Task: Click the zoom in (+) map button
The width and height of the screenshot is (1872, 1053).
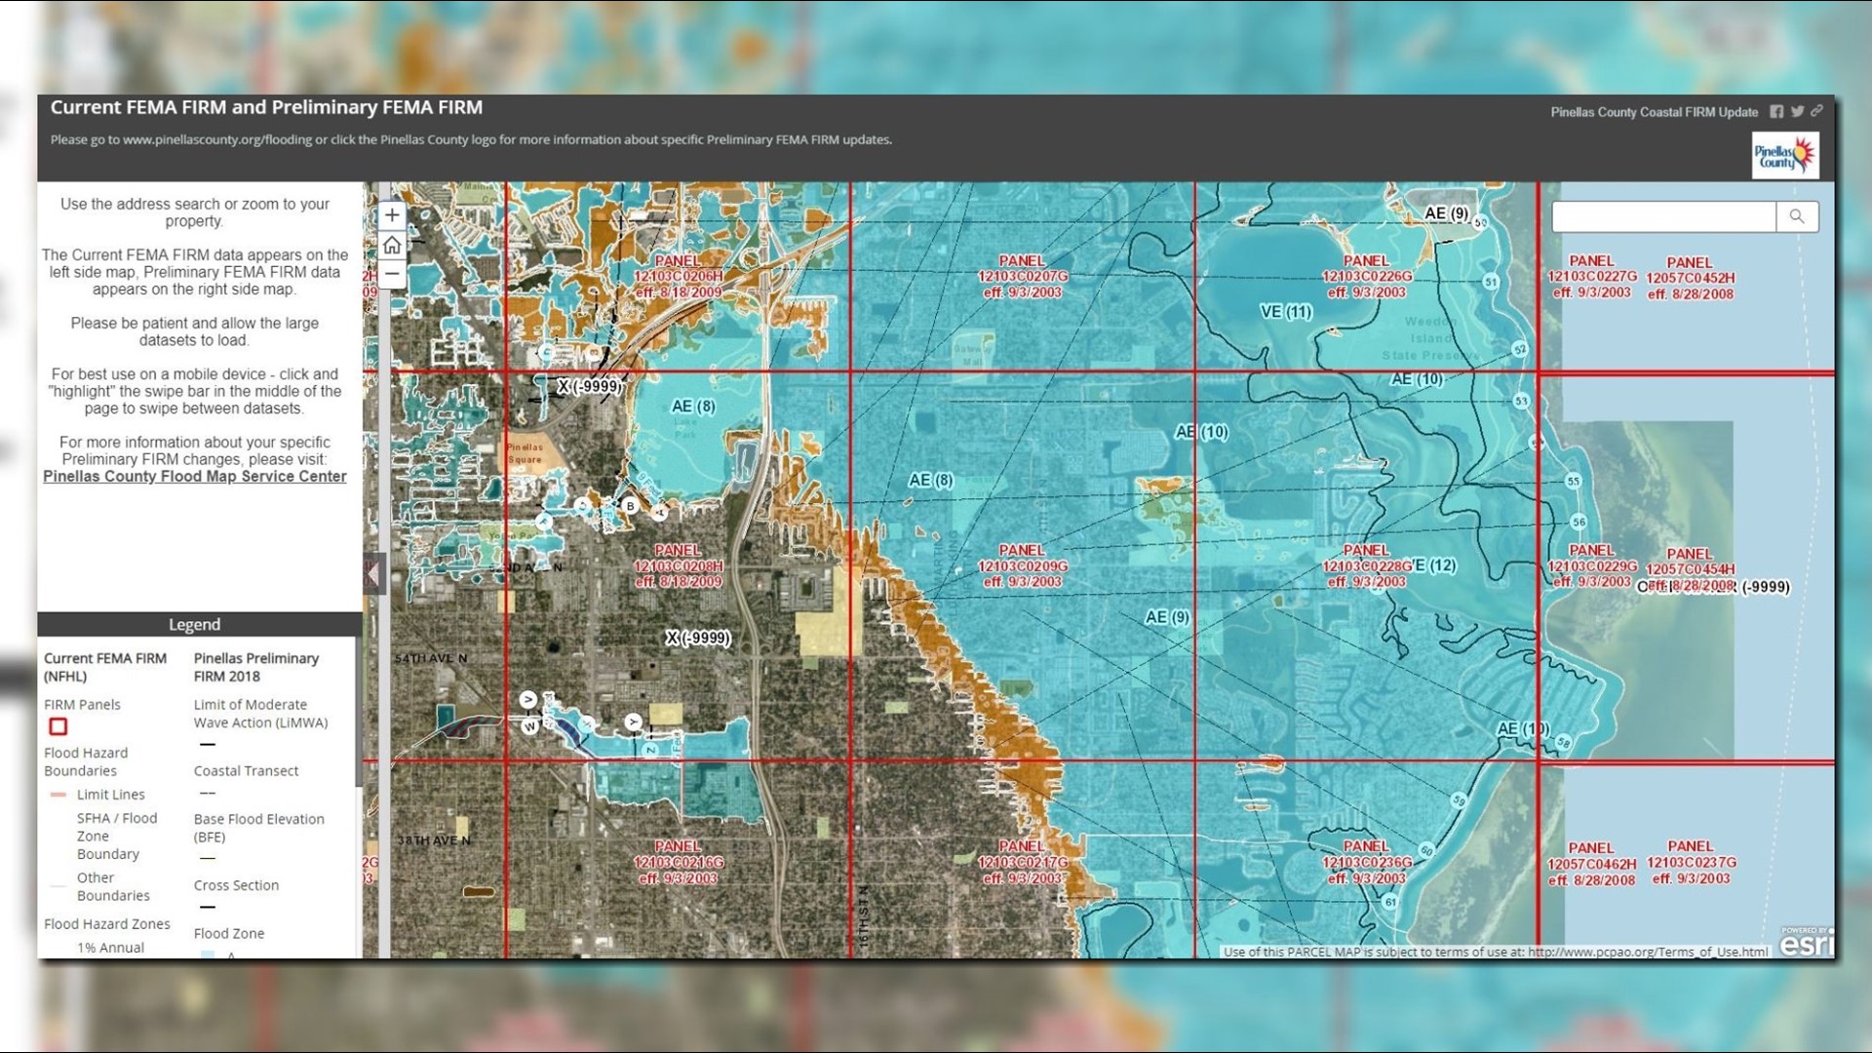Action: (392, 215)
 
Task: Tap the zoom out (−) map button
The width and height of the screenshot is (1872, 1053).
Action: (392, 274)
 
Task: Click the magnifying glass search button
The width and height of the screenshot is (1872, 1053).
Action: (1796, 216)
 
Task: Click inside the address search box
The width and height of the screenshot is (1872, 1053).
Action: (1662, 216)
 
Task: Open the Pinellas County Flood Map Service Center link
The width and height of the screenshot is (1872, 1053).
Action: (194, 477)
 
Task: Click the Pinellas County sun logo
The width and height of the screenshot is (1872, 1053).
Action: (1785, 155)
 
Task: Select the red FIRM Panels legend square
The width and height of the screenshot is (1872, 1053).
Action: (58, 726)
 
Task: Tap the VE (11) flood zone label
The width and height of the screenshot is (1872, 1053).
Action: (1286, 312)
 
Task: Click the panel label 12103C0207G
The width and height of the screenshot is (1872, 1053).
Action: (1023, 277)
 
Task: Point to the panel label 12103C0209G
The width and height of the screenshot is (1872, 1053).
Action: (1023, 566)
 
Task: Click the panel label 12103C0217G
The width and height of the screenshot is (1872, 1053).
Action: (1023, 863)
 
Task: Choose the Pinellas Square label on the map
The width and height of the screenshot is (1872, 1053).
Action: (526, 453)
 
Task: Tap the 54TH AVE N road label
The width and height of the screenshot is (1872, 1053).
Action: (431, 659)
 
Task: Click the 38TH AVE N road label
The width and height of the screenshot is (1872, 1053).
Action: (433, 840)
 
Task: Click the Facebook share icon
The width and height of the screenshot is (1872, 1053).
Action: (1776, 112)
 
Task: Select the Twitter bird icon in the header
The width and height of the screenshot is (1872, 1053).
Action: (1797, 112)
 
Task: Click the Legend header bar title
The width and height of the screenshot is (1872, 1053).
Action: (194, 625)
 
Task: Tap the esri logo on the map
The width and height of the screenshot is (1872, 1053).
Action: (1807, 943)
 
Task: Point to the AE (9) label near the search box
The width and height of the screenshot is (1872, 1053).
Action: (1446, 214)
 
